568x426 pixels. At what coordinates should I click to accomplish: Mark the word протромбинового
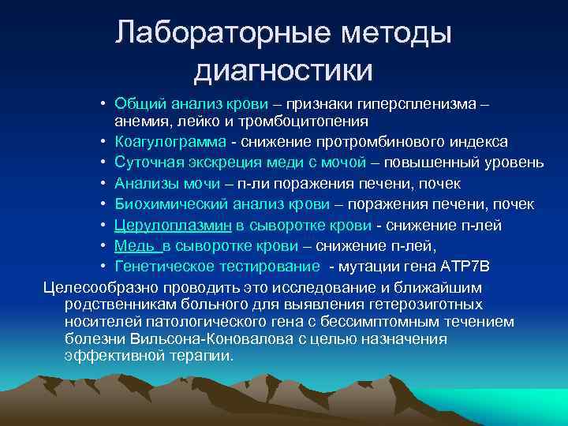click(397, 142)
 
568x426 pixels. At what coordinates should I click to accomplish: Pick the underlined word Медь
click(133, 246)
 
